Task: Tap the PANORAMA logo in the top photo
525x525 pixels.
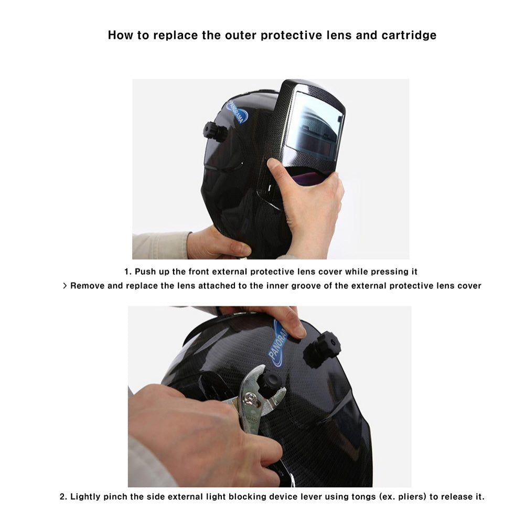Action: (x=237, y=112)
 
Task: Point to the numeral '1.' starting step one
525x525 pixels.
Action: (x=128, y=272)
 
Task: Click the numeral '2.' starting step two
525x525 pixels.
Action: (x=63, y=496)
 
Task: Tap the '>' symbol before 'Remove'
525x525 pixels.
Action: (x=65, y=286)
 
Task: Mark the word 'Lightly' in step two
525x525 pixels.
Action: (x=86, y=496)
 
